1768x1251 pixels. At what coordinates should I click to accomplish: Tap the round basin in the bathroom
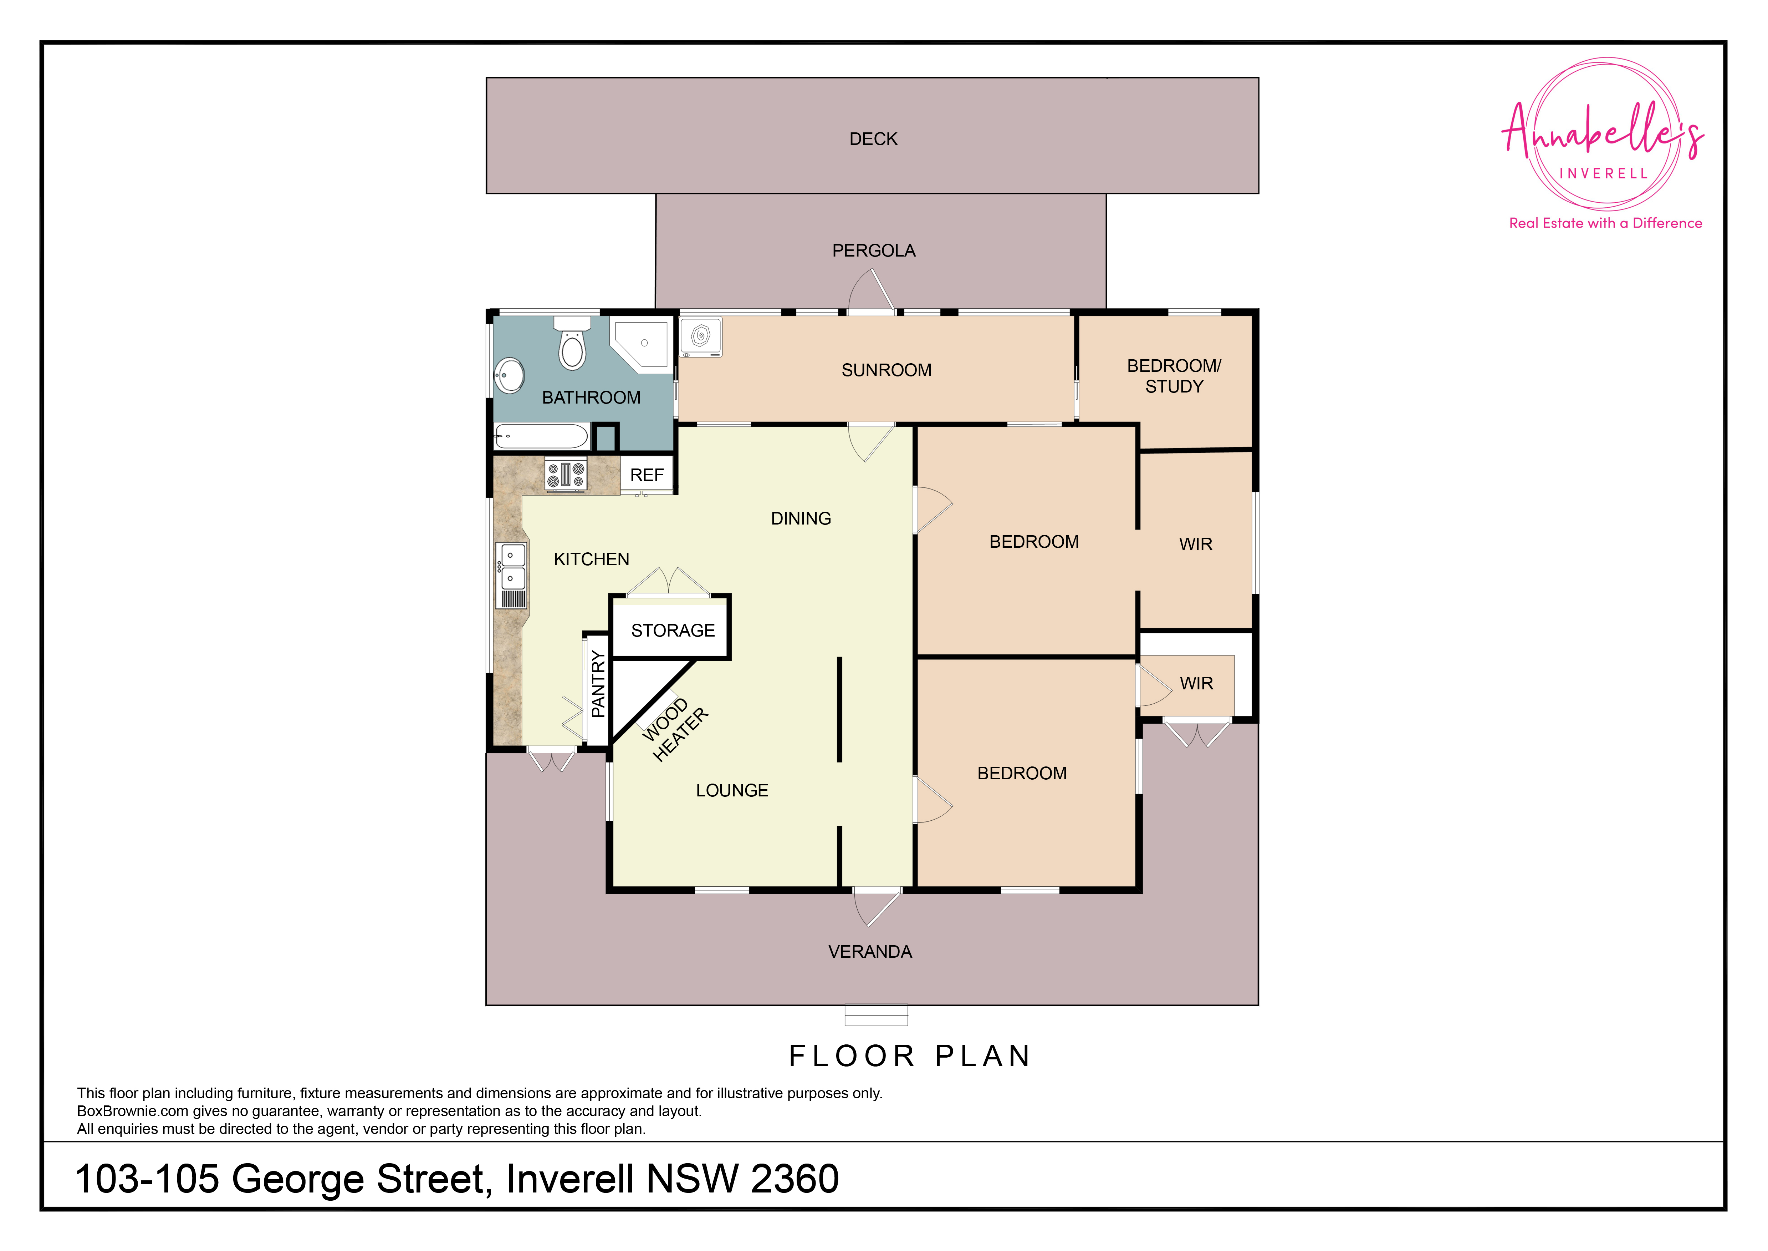(x=509, y=375)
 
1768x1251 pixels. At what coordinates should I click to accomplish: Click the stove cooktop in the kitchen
(x=566, y=474)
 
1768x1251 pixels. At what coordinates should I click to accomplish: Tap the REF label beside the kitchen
(x=647, y=475)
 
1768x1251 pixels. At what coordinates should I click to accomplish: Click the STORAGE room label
(x=673, y=631)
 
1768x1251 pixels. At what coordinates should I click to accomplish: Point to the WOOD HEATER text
(x=675, y=729)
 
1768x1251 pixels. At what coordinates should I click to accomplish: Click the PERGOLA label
(x=873, y=251)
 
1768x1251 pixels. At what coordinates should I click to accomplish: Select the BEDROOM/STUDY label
(x=1174, y=376)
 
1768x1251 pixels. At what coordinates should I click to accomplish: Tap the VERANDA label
(x=870, y=952)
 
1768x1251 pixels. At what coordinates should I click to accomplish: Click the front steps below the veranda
(x=876, y=1015)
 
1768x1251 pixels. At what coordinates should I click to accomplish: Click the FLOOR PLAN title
(x=909, y=1056)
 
